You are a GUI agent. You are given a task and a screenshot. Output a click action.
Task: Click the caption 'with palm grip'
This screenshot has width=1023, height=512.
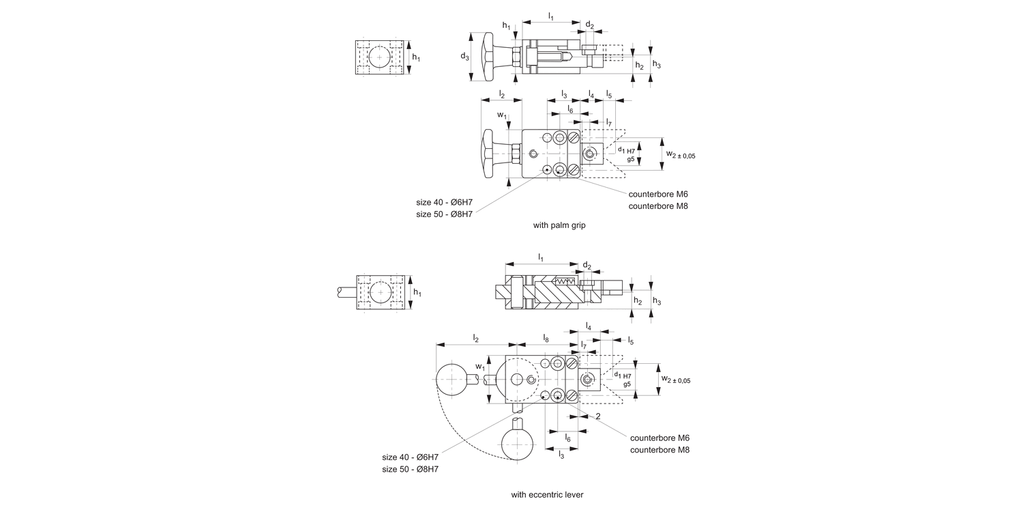[x=559, y=225]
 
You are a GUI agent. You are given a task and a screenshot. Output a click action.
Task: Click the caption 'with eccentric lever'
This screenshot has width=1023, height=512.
[x=547, y=494]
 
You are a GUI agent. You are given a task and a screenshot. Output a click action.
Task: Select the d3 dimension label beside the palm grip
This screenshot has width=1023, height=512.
[x=464, y=57]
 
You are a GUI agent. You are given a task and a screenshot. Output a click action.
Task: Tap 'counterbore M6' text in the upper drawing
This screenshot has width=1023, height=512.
[x=658, y=194]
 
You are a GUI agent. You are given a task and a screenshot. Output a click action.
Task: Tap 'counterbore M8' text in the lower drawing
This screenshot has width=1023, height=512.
[x=659, y=450]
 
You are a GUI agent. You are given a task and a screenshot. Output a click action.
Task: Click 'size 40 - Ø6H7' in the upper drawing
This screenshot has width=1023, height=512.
[x=444, y=202]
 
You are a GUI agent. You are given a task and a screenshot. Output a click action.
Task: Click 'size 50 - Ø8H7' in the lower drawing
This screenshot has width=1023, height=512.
[x=410, y=469]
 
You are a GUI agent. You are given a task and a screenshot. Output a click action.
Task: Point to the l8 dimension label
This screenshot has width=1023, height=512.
[x=546, y=338]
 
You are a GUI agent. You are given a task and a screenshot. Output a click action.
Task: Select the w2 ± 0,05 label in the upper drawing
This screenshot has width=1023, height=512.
[x=680, y=155]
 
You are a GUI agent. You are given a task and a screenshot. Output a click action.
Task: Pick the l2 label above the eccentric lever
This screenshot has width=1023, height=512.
[x=476, y=338]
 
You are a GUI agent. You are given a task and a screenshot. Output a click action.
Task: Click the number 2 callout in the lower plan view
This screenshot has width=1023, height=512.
[x=597, y=416]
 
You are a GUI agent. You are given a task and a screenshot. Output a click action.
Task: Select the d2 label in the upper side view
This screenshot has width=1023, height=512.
[x=589, y=26]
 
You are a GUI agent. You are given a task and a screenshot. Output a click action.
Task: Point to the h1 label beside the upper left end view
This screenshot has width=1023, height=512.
[x=415, y=57]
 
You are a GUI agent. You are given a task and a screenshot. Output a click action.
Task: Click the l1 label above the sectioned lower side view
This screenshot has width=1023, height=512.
[x=541, y=257]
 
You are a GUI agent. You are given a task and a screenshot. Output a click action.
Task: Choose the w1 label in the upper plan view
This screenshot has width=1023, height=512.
[x=502, y=115]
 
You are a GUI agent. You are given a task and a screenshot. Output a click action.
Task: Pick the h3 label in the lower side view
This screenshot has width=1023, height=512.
[x=656, y=300]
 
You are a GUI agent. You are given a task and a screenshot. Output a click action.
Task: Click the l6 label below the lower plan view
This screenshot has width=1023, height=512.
[x=567, y=438]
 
